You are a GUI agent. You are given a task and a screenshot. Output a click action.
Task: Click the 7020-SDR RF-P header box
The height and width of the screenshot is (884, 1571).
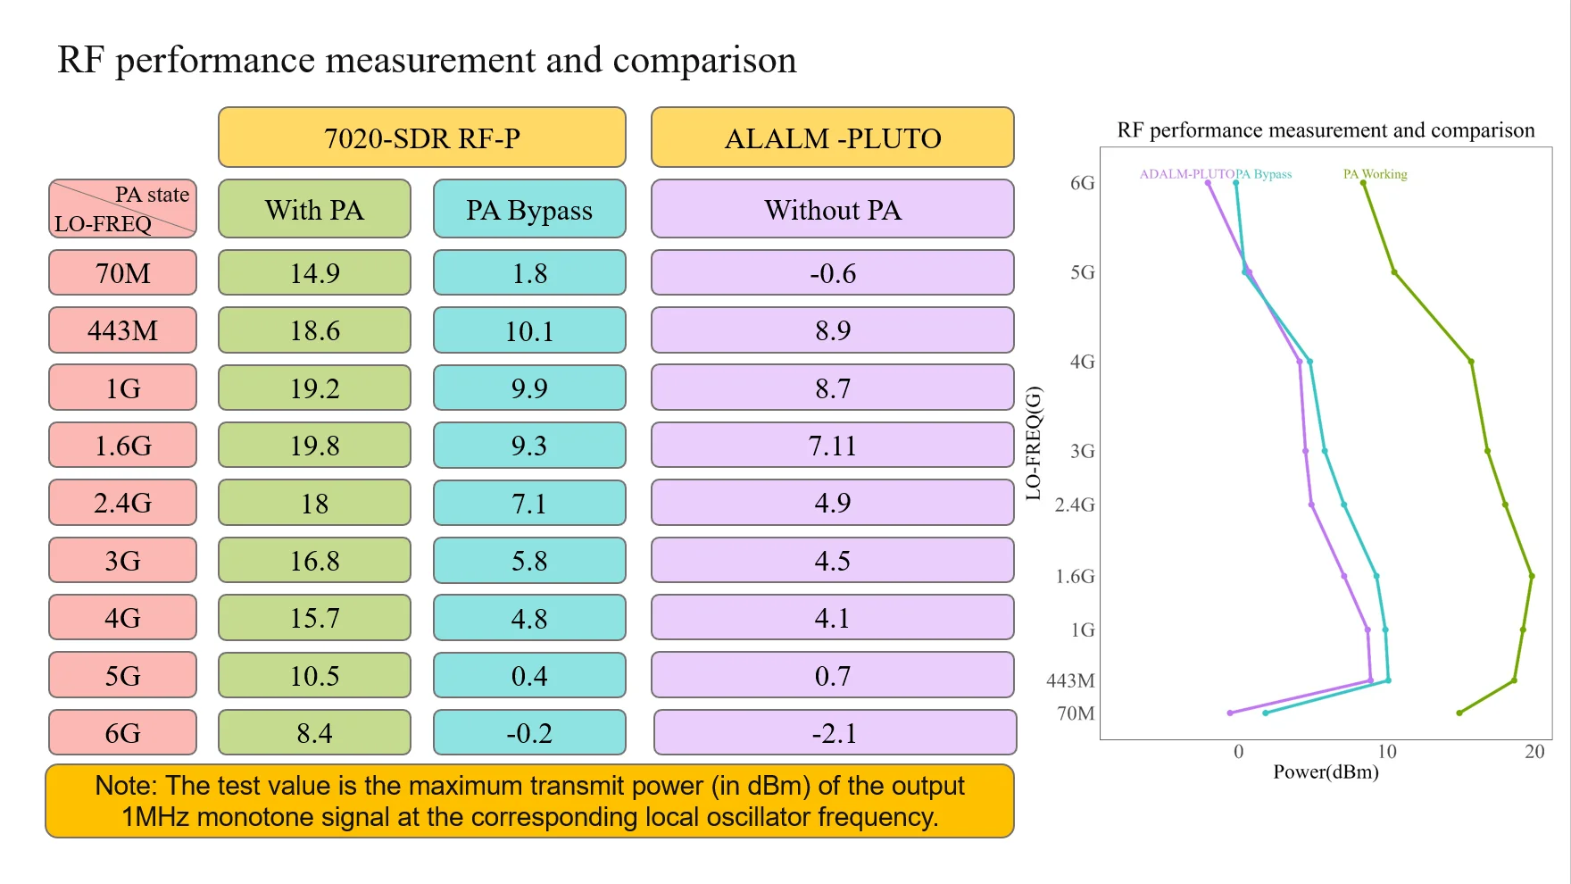421,138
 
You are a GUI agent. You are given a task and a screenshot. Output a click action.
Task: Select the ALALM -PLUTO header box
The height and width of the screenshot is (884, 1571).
832,138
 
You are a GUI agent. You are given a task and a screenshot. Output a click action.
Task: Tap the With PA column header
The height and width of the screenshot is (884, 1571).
314,209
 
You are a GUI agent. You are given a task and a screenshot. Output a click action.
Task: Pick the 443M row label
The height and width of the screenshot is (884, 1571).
122,330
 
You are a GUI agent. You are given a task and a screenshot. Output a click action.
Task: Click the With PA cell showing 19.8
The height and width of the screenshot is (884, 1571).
314,445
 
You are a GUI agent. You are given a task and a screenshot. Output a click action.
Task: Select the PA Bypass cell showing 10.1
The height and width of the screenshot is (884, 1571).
529,330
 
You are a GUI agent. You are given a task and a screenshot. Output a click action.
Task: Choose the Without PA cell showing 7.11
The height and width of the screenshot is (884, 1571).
832,445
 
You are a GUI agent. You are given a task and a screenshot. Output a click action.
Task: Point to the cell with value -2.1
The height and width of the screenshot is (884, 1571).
834,733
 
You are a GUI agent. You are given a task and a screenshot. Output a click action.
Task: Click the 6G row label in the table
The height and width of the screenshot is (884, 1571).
122,733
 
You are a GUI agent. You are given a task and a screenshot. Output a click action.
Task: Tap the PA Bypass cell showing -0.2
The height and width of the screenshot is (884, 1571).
529,733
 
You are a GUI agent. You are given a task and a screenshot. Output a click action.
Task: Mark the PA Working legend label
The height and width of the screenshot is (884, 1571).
1375,174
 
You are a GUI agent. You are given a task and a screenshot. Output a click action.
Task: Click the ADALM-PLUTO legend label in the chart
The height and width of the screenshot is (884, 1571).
1186,174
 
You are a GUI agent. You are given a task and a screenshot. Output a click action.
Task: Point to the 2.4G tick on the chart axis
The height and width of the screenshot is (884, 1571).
1075,505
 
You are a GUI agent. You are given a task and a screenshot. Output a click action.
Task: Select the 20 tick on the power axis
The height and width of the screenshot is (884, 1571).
1534,752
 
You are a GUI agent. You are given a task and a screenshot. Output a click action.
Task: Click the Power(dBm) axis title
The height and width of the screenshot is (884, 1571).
1326,771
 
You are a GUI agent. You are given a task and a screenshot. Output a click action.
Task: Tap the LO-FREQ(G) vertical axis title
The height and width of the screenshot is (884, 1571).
1033,443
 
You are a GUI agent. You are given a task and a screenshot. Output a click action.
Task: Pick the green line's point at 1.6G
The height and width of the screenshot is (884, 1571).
1532,576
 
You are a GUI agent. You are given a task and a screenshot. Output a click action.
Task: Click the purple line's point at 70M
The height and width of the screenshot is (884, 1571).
1230,713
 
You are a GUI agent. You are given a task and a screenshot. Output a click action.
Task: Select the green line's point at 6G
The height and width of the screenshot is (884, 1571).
1363,183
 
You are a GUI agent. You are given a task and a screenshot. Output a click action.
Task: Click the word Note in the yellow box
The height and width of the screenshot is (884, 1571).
126,786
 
